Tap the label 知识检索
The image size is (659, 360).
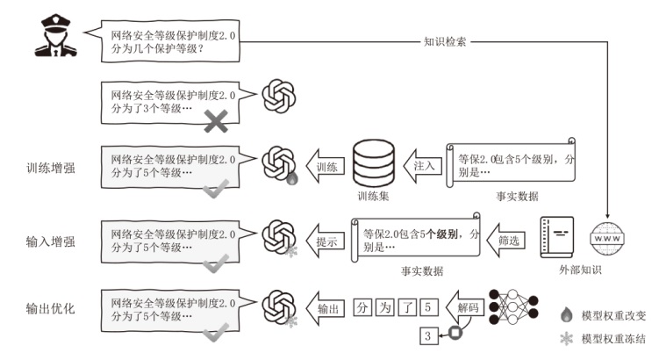point(445,40)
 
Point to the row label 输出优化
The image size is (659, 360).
point(50,309)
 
